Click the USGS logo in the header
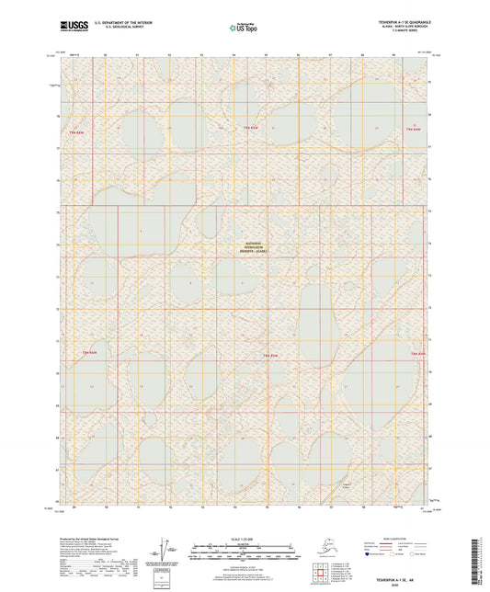point(68,23)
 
